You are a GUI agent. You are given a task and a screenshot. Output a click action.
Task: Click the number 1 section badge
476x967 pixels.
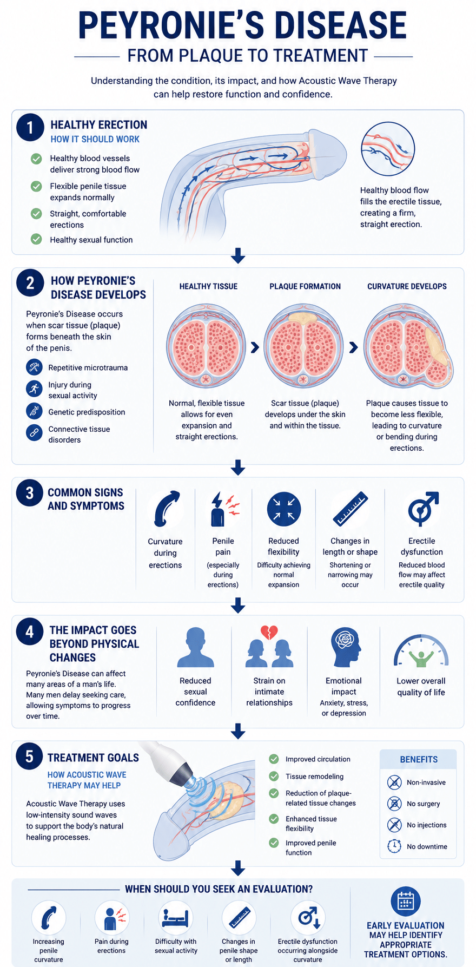30,128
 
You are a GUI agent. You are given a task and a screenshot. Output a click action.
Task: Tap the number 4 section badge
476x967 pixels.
30,632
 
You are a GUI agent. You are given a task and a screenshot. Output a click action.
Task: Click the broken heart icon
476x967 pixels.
269,632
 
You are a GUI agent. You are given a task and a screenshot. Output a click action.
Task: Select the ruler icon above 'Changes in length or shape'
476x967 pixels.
350,509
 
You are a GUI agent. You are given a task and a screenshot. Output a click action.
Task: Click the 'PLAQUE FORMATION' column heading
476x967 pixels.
305,286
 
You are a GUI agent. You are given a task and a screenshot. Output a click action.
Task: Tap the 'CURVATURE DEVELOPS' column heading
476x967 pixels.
407,286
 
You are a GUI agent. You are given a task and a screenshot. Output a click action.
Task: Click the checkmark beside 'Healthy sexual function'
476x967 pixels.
36,239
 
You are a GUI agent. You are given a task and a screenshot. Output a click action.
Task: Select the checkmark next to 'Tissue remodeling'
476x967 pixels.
274,776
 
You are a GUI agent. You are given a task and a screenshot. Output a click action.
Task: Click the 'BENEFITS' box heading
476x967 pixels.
419,759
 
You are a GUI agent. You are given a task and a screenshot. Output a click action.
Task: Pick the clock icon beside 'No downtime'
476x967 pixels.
394,846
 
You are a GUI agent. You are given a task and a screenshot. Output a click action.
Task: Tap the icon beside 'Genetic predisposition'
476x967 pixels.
34,411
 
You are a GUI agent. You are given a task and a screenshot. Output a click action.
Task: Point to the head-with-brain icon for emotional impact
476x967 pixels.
345,647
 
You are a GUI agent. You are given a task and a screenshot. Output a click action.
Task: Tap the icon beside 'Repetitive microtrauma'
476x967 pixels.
34,367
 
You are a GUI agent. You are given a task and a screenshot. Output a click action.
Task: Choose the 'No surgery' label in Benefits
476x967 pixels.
424,804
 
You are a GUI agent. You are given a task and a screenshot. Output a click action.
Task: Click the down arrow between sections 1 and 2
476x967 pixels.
238,256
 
